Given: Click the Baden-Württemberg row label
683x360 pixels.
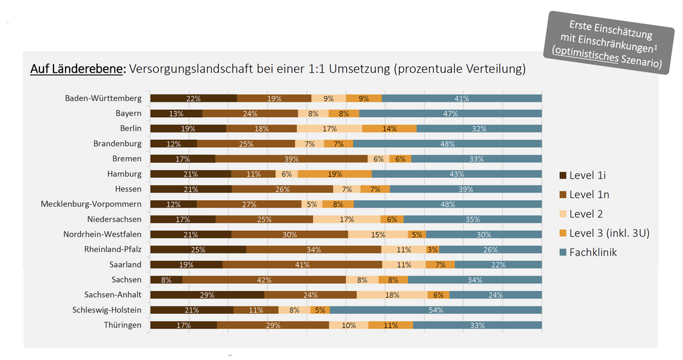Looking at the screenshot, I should [x=103, y=98].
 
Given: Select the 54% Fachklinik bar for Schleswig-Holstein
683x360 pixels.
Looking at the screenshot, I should [x=436, y=310].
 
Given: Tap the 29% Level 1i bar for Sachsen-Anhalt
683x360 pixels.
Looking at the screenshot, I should [x=207, y=294].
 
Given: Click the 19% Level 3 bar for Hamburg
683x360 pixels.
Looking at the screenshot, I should [x=335, y=174].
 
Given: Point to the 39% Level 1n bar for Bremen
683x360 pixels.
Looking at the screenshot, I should [x=291, y=159].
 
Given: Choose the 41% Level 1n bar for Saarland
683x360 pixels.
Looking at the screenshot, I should [x=302, y=264].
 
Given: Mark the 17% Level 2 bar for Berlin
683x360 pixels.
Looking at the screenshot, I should [x=329, y=128].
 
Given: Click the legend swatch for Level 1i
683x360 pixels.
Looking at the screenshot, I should [x=563, y=175].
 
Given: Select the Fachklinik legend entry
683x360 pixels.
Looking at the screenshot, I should [x=593, y=252].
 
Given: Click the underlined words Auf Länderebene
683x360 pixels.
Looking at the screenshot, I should [x=77, y=69].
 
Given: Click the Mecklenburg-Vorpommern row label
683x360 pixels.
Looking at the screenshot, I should [x=91, y=204].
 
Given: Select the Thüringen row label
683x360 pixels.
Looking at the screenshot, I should [x=123, y=325].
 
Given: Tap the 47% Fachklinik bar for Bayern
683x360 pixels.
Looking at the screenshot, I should [x=450, y=114].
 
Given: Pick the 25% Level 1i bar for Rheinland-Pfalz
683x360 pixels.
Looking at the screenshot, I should [x=198, y=250].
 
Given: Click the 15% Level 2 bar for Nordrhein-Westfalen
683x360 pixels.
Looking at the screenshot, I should [x=378, y=234].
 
